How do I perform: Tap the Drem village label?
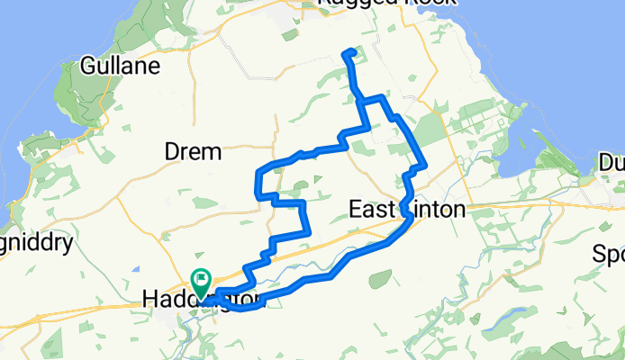[x=193, y=153]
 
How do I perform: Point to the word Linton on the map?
[x=437, y=211]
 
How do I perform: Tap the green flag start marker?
[x=201, y=280]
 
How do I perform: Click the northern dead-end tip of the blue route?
[x=348, y=52]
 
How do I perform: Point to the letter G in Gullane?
[x=88, y=66]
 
